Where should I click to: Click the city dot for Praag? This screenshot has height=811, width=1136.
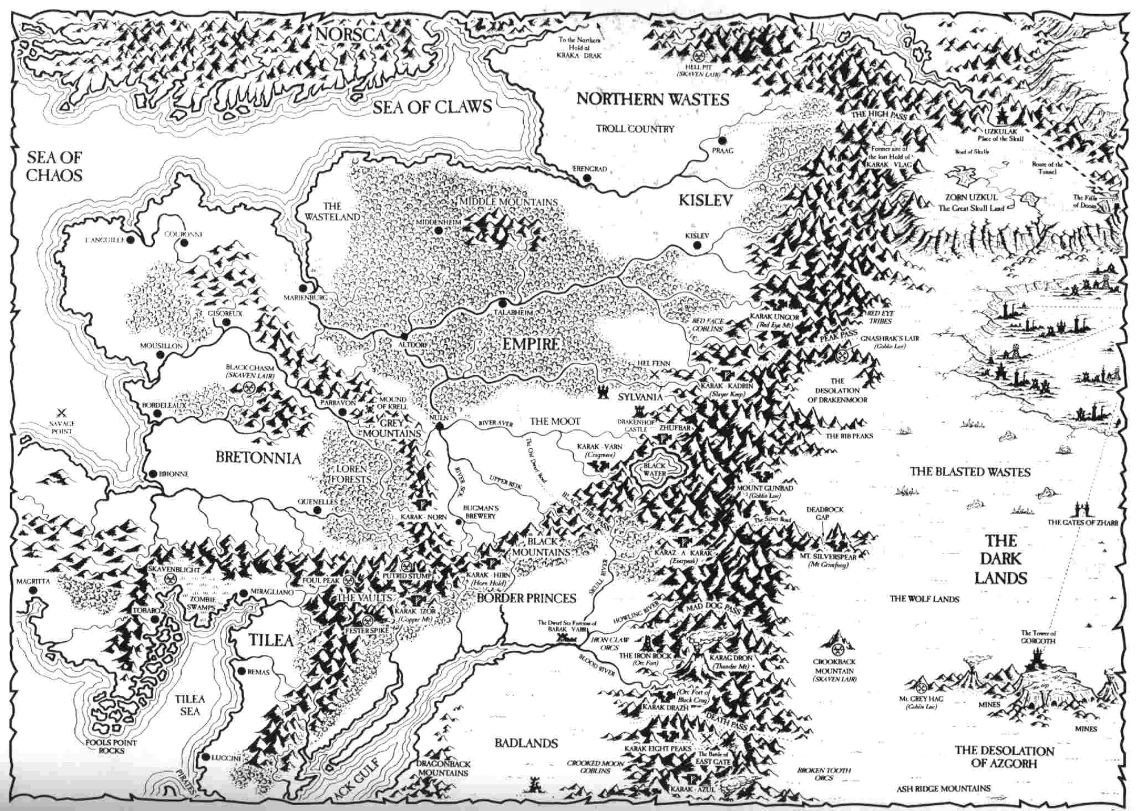click(x=722, y=140)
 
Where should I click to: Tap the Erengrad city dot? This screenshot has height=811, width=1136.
click(x=587, y=178)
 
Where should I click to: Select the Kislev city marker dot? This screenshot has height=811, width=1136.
click(x=697, y=245)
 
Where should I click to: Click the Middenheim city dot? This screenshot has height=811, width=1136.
click(x=438, y=230)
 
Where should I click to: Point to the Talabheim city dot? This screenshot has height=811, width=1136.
click(x=503, y=303)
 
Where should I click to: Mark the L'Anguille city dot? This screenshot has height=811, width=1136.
click(x=131, y=240)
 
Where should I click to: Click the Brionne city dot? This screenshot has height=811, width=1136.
click(x=152, y=474)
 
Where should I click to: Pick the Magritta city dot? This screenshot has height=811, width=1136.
click(x=34, y=591)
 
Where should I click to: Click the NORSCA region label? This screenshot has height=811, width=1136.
click(x=350, y=35)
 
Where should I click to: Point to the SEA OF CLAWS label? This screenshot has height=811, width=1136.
click(x=432, y=106)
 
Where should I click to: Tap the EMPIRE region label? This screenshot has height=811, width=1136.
click(x=531, y=344)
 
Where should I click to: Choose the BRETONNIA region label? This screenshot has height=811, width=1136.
click(x=258, y=457)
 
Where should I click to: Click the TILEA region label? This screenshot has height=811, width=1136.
click(x=271, y=640)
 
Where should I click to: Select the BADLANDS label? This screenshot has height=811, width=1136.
click(x=525, y=742)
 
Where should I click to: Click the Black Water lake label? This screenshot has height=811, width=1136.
click(x=654, y=469)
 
